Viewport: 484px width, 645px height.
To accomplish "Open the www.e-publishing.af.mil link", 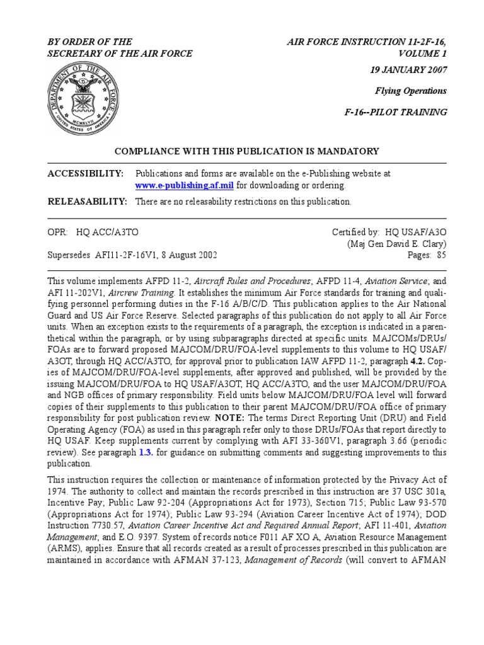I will coord(185,186).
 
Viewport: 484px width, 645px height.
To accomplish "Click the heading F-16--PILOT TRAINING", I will coord(403,112).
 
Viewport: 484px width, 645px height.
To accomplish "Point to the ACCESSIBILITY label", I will coord(86,173).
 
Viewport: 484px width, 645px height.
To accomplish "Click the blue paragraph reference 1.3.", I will coord(156,452).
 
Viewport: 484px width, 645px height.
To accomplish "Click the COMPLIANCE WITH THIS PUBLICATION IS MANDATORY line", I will coord(246,151).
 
